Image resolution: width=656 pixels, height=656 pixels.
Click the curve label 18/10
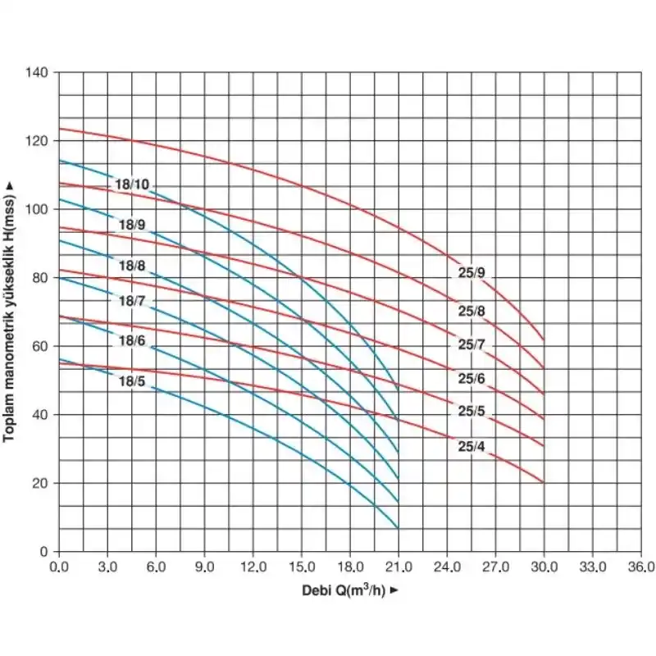point(132,184)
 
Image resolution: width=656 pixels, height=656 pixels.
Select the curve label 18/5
point(132,381)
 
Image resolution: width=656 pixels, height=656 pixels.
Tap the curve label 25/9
point(471,273)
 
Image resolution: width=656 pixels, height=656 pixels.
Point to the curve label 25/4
point(471,447)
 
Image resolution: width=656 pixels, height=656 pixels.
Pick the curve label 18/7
point(132,301)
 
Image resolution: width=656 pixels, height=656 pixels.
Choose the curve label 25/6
point(471,378)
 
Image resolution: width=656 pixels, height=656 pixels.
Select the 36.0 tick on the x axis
point(640,567)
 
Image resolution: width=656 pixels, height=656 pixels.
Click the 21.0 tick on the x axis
point(398,567)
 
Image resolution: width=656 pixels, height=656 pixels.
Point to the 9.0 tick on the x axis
point(204,567)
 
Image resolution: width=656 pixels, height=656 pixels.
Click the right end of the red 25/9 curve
point(544,339)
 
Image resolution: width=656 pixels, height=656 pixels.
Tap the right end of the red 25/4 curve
point(544,482)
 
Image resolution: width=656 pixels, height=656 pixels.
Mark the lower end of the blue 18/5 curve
point(398,527)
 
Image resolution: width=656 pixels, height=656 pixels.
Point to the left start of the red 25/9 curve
point(59,128)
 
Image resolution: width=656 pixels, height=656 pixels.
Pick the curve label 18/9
point(132,224)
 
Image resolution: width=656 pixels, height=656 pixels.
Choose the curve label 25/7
point(471,345)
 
